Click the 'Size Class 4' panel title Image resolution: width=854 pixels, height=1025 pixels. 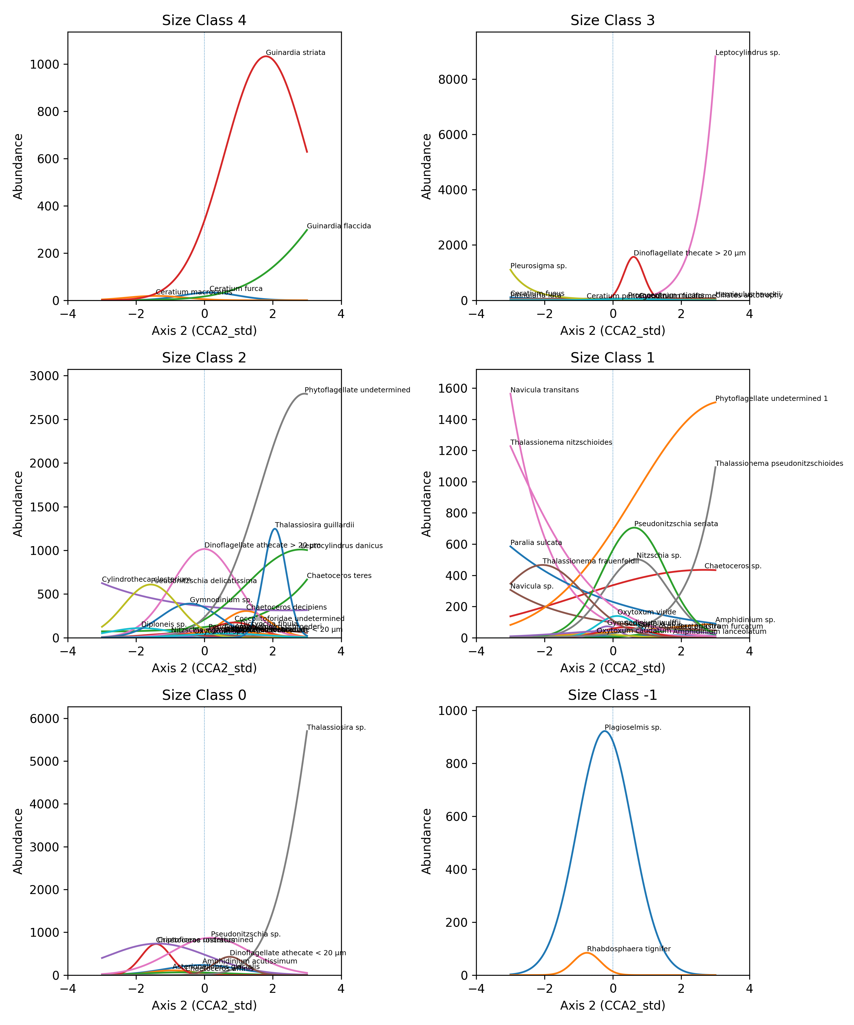point(204,20)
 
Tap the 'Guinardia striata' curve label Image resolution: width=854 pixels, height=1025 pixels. point(295,53)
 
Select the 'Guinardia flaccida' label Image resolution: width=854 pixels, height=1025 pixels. point(339,226)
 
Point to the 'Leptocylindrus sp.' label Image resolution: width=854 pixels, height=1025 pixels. point(747,53)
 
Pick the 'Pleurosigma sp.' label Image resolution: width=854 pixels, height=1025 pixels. point(538,266)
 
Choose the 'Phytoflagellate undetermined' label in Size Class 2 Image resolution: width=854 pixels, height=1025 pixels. point(357,390)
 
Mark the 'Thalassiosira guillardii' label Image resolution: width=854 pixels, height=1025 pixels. point(314,525)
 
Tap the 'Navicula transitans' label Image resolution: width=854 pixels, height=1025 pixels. point(544,390)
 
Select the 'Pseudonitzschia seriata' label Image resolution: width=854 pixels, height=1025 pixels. point(676,524)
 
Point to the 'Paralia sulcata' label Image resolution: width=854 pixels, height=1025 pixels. point(536,543)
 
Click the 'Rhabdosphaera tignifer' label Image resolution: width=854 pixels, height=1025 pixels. point(629,949)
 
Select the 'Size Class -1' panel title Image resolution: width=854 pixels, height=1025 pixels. point(612,695)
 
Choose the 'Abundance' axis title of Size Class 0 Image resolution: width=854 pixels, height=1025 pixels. point(18,841)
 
